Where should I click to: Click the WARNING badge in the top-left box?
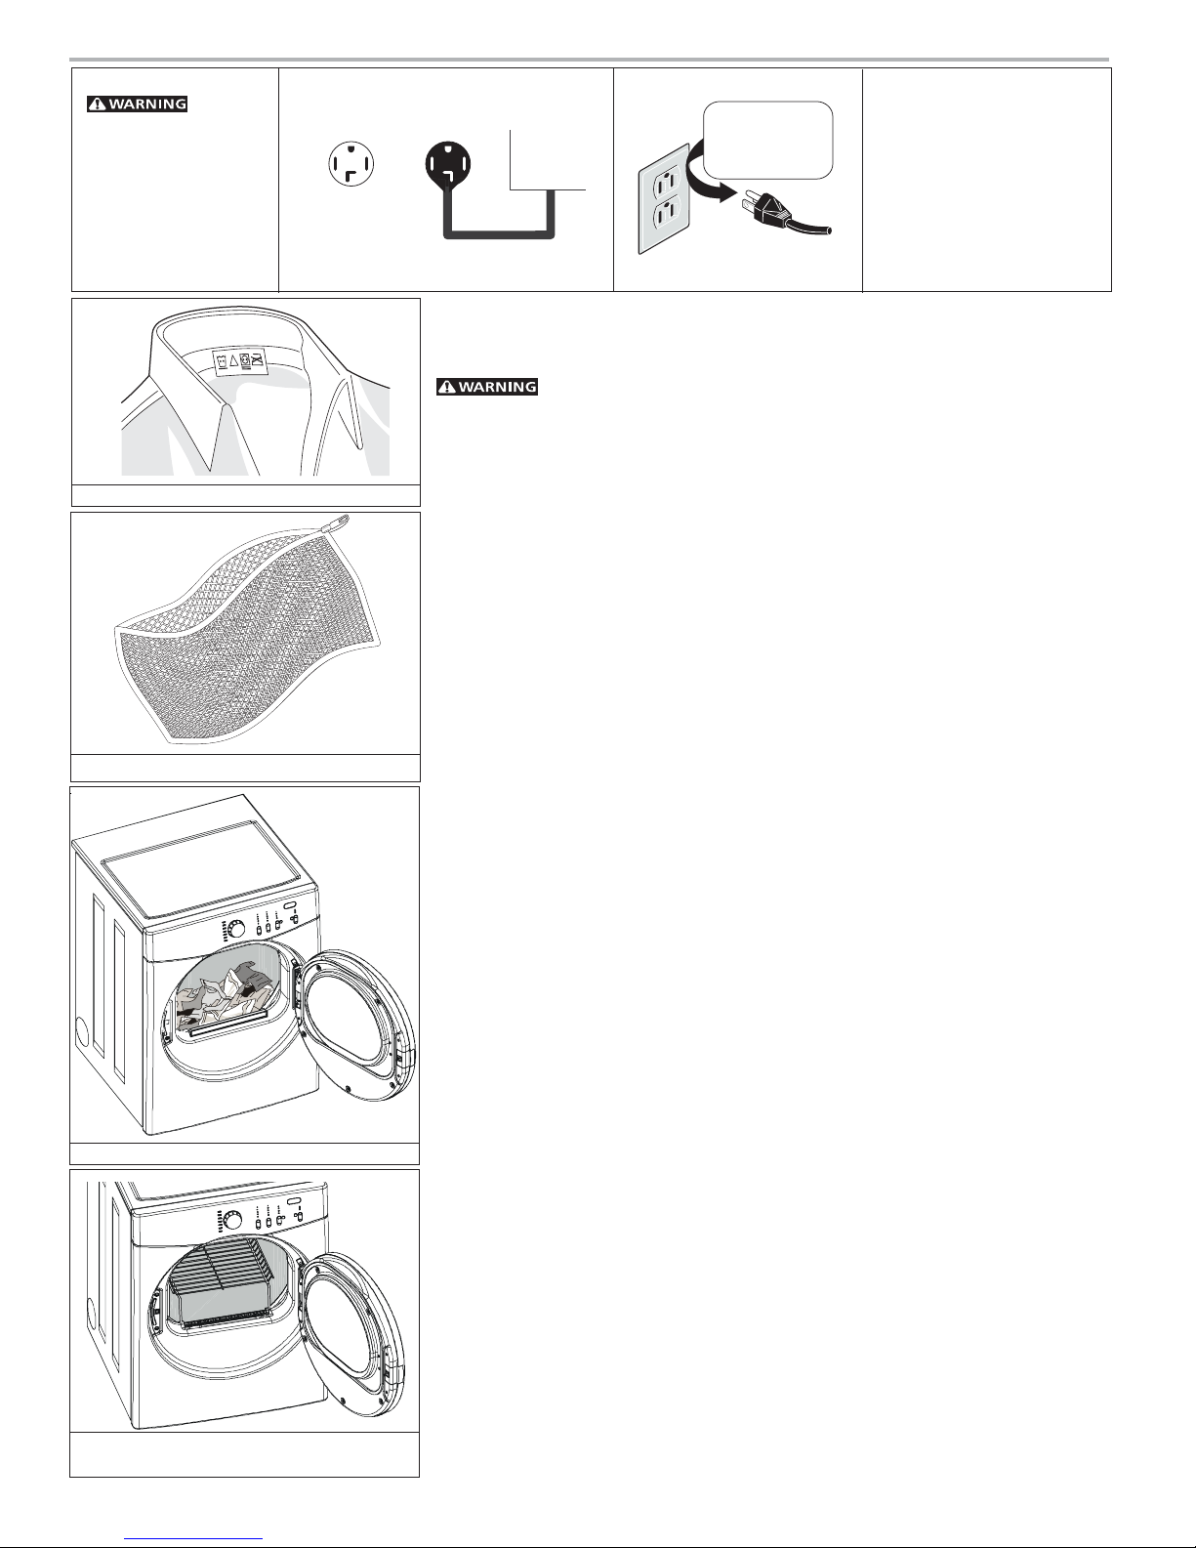tap(138, 104)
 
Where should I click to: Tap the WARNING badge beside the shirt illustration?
tap(487, 387)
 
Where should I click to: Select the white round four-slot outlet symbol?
tap(351, 164)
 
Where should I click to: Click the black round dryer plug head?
tap(448, 163)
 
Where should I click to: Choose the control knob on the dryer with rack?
tap(232, 1221)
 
